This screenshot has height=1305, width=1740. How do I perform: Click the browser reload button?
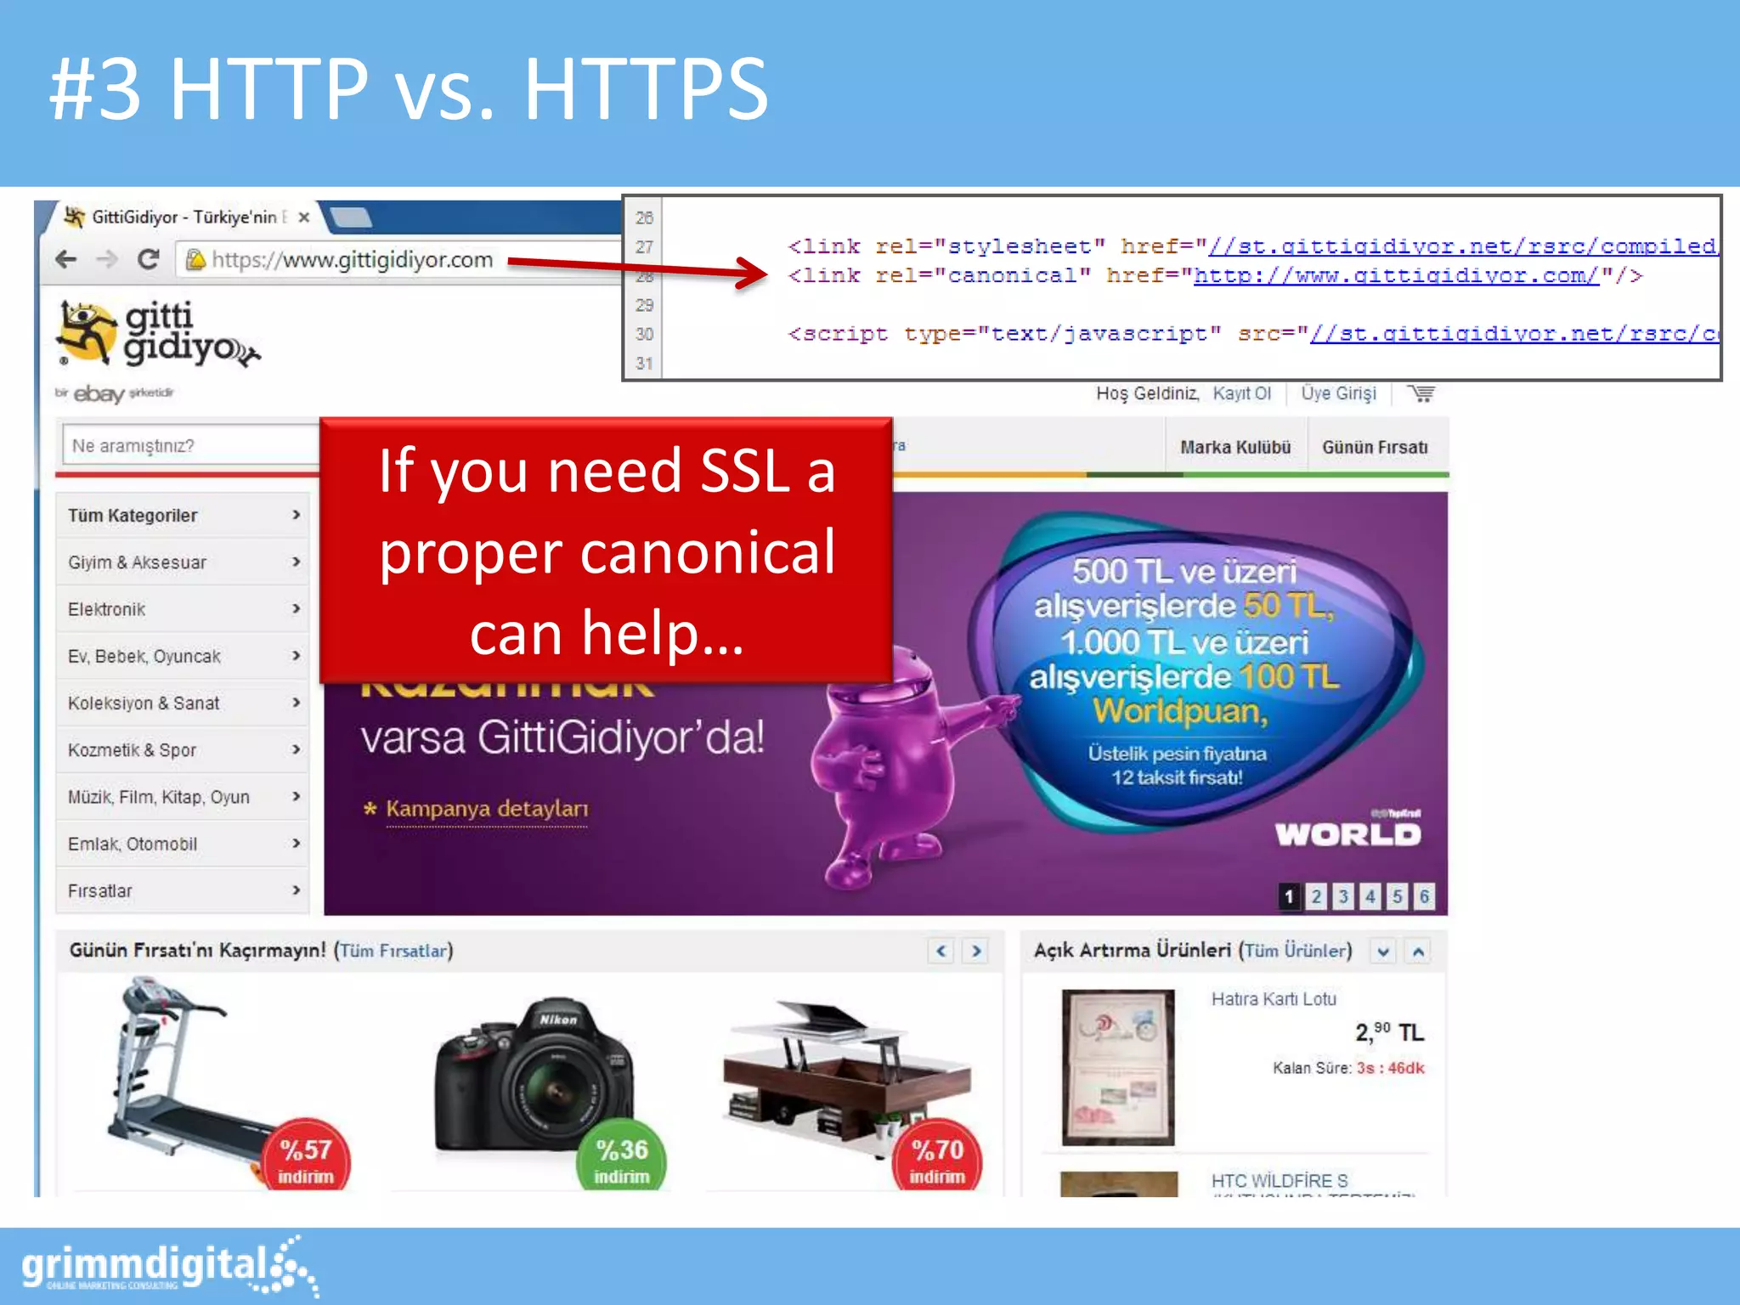[x=149, y=259]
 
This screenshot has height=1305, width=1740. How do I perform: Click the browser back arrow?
[x=65, y=259]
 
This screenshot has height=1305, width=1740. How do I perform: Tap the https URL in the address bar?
[x=352, y=260]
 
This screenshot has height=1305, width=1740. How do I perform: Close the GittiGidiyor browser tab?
[x=304, y=217]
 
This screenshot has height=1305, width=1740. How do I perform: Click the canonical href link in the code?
[x=1396, y=276]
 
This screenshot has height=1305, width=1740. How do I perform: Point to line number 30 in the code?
[x=644, y=334]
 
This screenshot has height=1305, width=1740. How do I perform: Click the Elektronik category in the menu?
[x=106, y=609]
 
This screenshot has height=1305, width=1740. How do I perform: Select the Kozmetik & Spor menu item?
[x=132, y=750]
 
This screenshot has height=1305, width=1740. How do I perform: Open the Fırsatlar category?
[x=100, y=890]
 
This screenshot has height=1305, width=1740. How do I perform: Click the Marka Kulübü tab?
[x=1234, y=447]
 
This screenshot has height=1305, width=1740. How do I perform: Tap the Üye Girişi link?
[x=1338, y=393]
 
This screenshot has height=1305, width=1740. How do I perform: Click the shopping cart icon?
[x=1421, y=393]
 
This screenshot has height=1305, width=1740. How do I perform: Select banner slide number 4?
[x=1370, y=896]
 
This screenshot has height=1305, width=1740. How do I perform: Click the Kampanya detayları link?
[x=486, y=809]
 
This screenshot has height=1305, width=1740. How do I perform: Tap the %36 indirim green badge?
[x=622, y=1159]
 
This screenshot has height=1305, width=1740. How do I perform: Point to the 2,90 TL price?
[x=1388, y=1032]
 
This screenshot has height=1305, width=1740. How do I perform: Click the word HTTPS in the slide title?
[x=646, y=89]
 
